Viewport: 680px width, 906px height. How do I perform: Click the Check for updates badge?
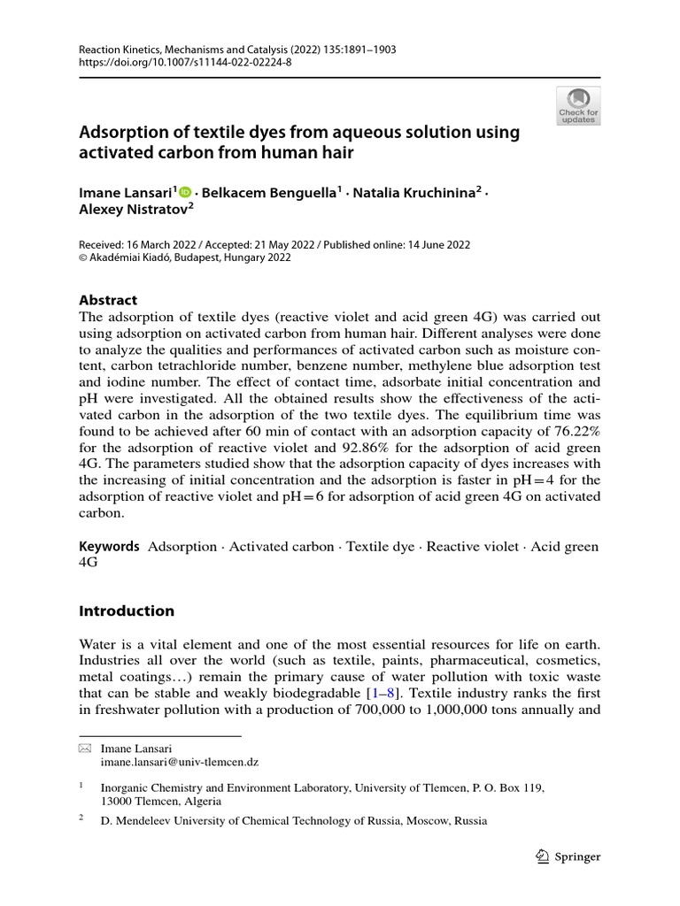click(x=578, y=106)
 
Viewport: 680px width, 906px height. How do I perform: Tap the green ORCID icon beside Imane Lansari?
click(x=185, y=191)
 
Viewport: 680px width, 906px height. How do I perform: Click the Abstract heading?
click(x=108, y=300)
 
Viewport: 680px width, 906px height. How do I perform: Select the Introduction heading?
click(x=127, y=610)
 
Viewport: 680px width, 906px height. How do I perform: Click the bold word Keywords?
click(x=110, y=547)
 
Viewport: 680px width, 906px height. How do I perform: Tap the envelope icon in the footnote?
click(x=85, y=749)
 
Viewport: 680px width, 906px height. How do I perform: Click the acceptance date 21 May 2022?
click(x=251, y=244)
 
